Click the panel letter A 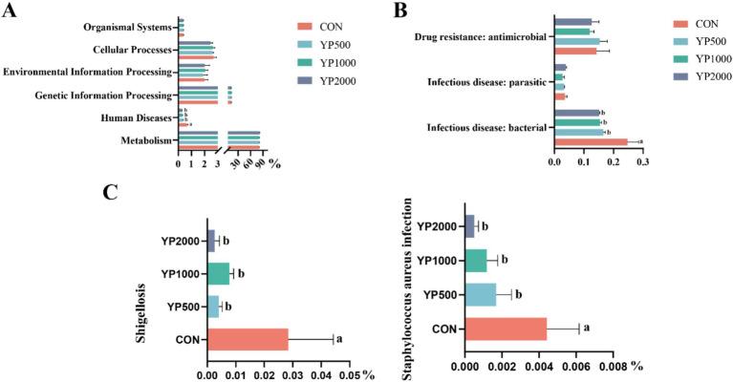pyautogui.click(x=12, y=12)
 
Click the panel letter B pyautogui.click(x=401, y=12)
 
